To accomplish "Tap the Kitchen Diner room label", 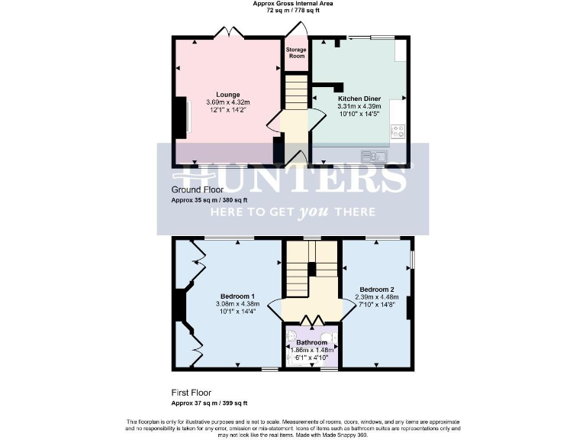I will (359, 99).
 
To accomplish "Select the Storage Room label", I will (295, 53).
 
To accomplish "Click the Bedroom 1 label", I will (237, 296).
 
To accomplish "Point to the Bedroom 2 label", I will (377, 290).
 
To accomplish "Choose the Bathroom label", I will (311, 341).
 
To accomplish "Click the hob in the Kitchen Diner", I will (398, 131).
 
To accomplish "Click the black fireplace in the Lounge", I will (183, 115).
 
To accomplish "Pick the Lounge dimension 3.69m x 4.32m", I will (228, 102).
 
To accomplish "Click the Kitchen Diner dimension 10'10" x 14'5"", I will (359, 114).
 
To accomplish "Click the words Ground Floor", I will (198, 189).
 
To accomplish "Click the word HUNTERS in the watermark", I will (293, 177).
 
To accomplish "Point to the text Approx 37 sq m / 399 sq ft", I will (210, 403).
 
